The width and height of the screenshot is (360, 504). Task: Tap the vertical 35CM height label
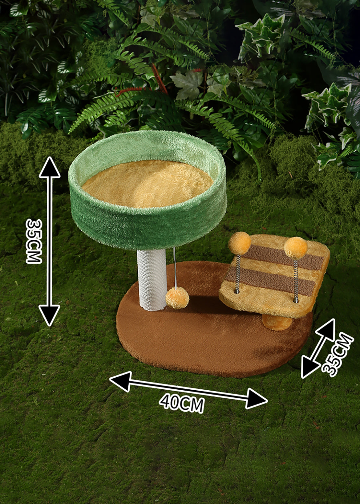pos(34,241)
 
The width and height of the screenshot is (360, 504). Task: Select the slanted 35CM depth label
pos(337,354)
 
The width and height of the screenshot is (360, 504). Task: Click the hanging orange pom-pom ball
pos(178,298)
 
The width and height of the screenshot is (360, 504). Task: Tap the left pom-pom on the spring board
pos(239,243)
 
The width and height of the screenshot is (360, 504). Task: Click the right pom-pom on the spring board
pos(296,248)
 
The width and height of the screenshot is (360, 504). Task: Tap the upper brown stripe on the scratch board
pos(283,258)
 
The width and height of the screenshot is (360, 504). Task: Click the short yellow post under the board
pos(277,322)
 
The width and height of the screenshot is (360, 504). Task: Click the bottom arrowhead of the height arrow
pos(49,315)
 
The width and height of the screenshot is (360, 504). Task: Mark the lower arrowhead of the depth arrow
pos(310,367)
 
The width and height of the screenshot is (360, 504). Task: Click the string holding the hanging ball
pos(175,268)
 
